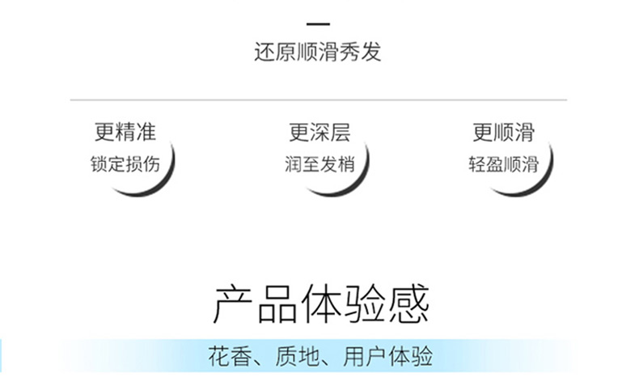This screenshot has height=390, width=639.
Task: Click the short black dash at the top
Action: (319, 25)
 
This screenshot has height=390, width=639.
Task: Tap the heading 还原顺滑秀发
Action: (318, 53)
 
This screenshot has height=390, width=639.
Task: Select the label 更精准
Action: (125, 132)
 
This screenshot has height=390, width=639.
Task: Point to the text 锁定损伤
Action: (125, 163)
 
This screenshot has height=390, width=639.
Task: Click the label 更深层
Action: (319, 132)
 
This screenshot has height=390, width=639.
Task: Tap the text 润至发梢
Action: (319, 163)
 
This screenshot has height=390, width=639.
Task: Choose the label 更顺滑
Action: (503, 132)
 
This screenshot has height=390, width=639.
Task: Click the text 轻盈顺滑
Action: (503, 163)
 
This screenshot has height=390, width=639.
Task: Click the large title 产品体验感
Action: (320, 304)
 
